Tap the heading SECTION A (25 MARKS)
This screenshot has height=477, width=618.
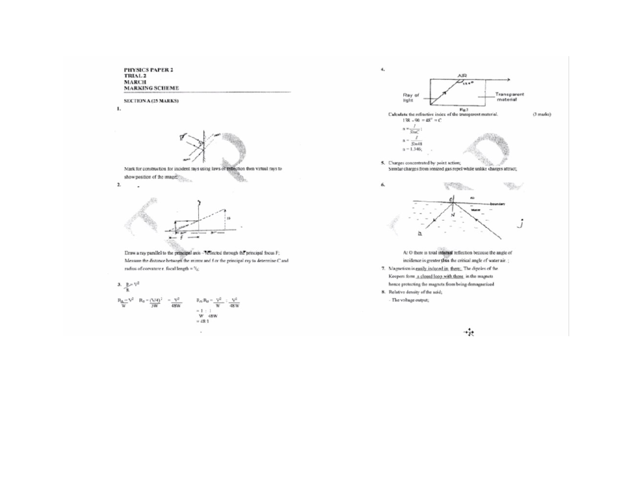pos(150,101)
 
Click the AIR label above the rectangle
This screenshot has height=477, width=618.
pos(462,76)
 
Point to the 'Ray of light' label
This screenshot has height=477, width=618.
pos(411,97)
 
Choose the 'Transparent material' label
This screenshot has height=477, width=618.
pos(510,97)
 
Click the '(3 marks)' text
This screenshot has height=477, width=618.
pos(541,114)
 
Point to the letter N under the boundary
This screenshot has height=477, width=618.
pos(453,215)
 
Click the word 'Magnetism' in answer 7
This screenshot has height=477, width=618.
pos(401,269)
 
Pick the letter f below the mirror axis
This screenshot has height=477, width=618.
pos(181,238)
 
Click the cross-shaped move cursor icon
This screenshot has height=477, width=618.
pos(469,333)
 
